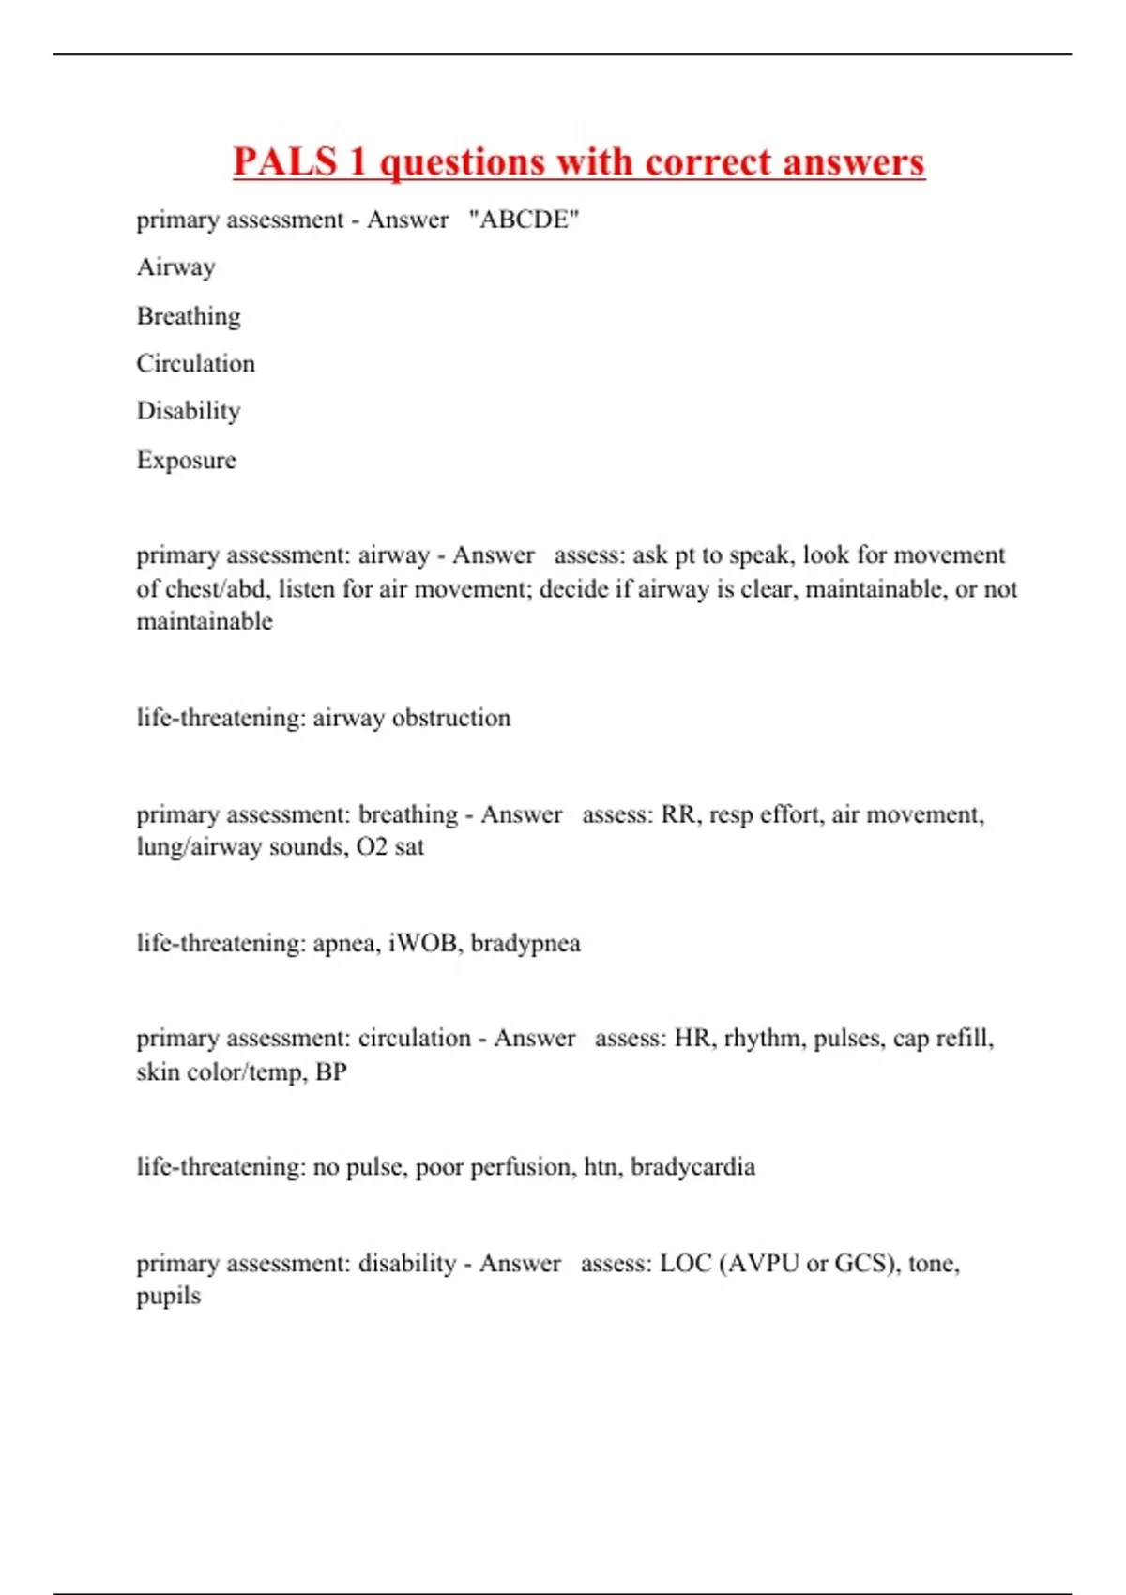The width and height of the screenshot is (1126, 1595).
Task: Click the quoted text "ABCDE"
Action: click(x=524, y=220)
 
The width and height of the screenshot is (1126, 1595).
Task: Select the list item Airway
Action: click(x=176, y=267)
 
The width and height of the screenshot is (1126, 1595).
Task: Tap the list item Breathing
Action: click(x=189, y=316)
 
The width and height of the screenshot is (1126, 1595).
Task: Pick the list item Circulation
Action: click(x=195, y=363)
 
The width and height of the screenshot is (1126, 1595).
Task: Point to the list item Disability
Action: click(x=189, y=411)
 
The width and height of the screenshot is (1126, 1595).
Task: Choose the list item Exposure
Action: click(x=186, y=460)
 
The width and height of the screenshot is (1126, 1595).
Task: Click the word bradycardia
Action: click(x=692, y=1167)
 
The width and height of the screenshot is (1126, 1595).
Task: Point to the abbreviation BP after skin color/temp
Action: click(x=331, y=1071)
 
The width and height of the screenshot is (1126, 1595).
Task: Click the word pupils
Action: click(x=169, y=1297)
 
